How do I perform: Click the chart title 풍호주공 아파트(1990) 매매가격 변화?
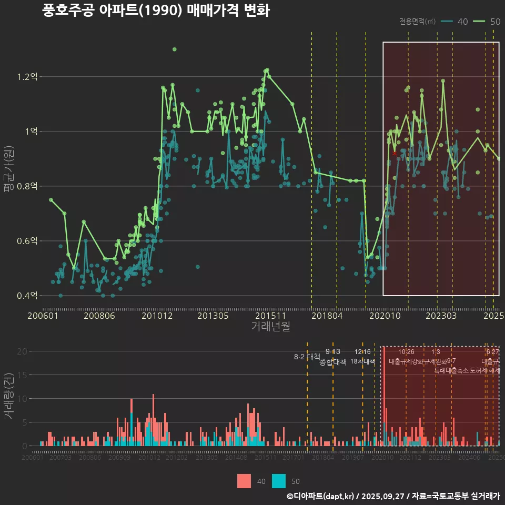tap(156, 11)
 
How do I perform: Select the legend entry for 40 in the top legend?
tap(454, 22)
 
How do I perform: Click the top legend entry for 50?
tap(487, 22)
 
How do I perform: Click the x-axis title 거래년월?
tap(270, 327)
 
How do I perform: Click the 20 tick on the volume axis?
tap(23, 351)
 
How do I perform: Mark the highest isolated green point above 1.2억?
tap(175, 49)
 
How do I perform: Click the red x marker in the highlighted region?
tap(395, 153)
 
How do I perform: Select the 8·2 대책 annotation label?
tap(307, 357)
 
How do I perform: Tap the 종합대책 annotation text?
tap(332, 362)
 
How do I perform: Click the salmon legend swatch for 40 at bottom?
tap(244, 481)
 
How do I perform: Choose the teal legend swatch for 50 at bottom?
tap(279, 481)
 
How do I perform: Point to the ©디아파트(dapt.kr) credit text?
tap(320, 496)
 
